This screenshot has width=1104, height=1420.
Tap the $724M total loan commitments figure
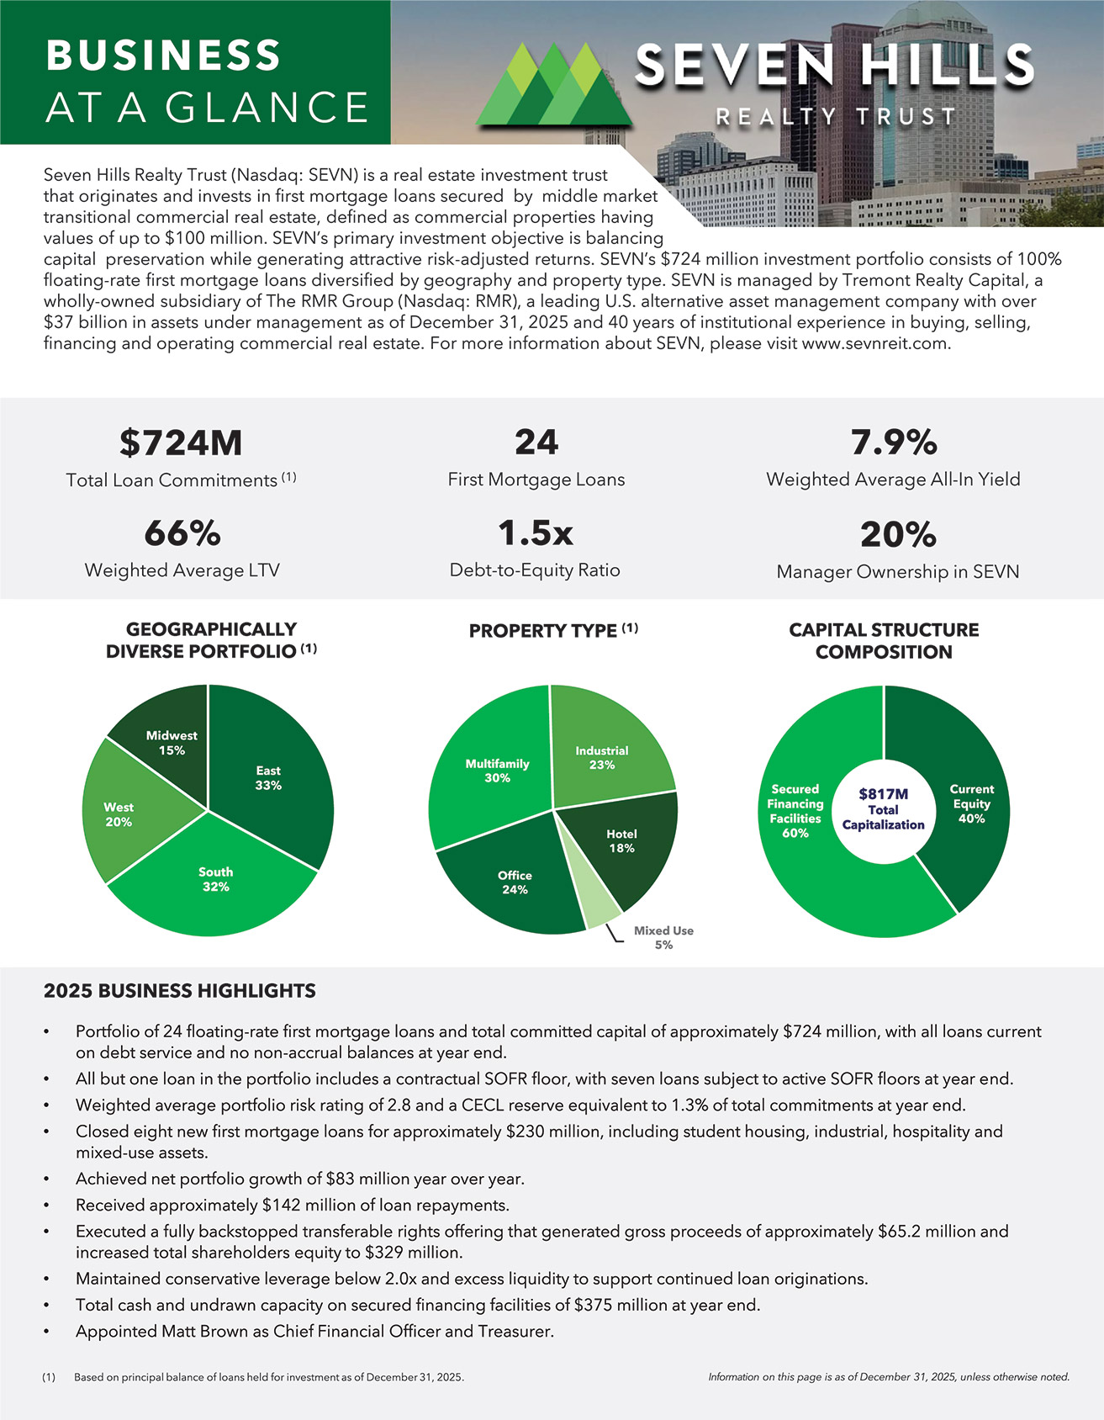point(181,442)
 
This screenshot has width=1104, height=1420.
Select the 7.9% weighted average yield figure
point(893,442)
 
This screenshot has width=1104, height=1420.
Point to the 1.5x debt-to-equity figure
point(535,533)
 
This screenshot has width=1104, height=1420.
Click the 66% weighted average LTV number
point(182,533)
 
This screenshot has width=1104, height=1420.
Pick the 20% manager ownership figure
point(897,534)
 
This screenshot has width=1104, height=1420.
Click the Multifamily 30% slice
point(497,771)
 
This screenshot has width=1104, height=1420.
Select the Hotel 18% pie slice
point(621,841)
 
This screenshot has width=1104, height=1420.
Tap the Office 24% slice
point(514,882)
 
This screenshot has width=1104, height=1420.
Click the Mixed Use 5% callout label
point(663,937)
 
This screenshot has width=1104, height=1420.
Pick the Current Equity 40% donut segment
point(971,803)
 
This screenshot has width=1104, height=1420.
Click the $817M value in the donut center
point(883,793)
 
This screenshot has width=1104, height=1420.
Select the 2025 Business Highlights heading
point(180,991)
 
